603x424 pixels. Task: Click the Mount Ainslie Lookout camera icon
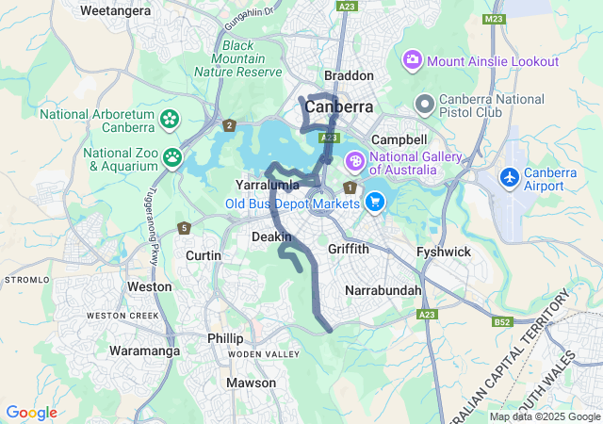point(413,61)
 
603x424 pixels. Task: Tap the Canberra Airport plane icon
point(510,177)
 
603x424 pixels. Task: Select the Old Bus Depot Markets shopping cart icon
point(375,201)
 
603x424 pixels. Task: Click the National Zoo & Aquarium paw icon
point(172,157)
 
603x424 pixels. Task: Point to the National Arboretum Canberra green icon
point(169,119)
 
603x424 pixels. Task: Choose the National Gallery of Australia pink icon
point(355,161)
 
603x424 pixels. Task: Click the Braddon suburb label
point(349,75)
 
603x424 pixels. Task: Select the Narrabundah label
point(383,290)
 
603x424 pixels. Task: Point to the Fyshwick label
point(444,252)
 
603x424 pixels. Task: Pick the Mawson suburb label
point(252,383)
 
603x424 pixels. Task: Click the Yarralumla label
point(267,185)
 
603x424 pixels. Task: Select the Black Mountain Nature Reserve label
point(237,58)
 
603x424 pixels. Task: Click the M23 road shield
point(493,19)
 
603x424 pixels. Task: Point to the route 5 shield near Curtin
point(184,228)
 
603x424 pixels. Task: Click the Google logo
point(31,413)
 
